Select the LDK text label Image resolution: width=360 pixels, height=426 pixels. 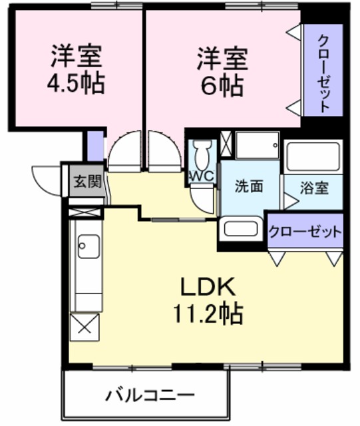(206, 288)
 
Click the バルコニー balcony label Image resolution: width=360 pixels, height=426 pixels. (148, 395)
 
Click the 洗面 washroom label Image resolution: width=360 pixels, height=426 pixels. (249, 187)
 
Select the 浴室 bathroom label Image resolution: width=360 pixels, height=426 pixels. (313, 188)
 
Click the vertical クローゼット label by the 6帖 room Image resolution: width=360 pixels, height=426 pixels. (323, 71)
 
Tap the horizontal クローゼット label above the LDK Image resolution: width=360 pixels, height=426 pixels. (305, 232)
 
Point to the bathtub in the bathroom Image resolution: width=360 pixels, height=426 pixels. (312, 157)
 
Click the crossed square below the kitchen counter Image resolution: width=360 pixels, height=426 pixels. (86, 326)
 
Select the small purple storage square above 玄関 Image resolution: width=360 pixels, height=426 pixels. (94, 146)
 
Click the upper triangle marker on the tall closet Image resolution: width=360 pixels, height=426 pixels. (293, 31)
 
